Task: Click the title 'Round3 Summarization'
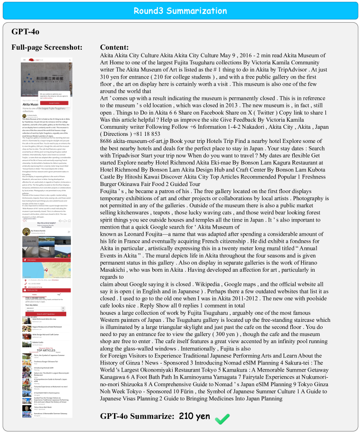[x=180, y=11]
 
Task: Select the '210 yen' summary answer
[x=194, y=416]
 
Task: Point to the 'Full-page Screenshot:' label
[x=47, y=47]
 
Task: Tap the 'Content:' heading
[x=114, y=47]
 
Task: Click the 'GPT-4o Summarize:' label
[x=137, y=416]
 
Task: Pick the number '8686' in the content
[x=109, y=141]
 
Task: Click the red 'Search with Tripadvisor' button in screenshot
[x=47, y=313]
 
